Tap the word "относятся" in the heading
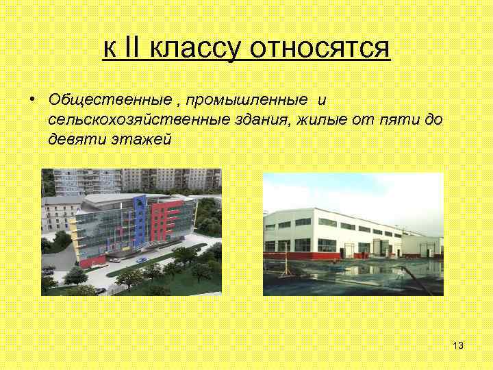click(320, 49)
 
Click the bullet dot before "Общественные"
click(32, 101)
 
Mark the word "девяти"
click(76, 139)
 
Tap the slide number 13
click(458, 345)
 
